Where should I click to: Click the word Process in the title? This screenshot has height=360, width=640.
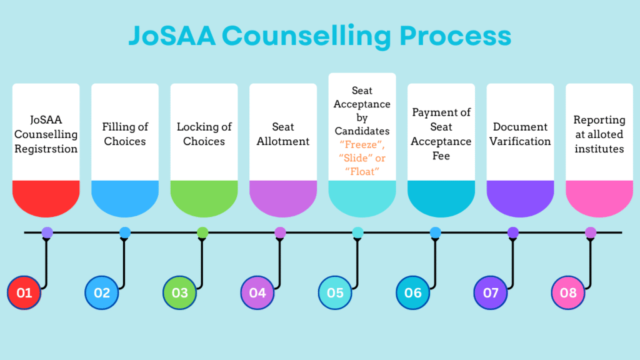pos(455,36)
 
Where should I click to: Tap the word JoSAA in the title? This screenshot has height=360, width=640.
pos(172,36)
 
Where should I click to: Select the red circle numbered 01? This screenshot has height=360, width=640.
pos(24,292)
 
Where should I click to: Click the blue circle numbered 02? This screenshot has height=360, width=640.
pos(102,292)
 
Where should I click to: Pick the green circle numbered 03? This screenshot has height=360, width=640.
pos(179,292)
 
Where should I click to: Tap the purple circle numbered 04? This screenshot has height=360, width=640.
pos(257,292)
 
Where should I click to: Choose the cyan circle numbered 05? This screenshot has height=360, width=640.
pos(335,292)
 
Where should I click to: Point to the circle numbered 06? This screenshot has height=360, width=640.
pos(412,292)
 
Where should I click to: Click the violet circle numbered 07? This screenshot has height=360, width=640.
pos(491,292)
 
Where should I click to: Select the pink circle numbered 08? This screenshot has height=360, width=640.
pos(568,292)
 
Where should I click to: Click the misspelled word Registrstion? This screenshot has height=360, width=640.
pos(46,149)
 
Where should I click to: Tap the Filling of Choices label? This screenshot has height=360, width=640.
pos(125,134)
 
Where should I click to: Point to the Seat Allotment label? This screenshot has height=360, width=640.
pos(283,134)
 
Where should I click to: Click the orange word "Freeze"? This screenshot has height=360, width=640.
pos(362,145)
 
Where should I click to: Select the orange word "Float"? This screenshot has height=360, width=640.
pos(362,172)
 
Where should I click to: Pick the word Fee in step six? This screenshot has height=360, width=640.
pos(441,156)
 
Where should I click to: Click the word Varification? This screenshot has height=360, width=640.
pos(520,141)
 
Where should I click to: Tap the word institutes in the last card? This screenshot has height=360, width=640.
pos(599,149)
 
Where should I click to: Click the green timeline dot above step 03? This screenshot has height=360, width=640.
pos(202,232)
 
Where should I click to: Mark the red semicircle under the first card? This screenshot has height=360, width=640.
pos(46,198)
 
